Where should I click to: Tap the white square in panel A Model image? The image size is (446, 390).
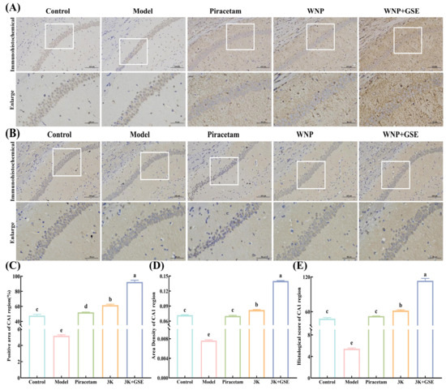click(x=132, y=50)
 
